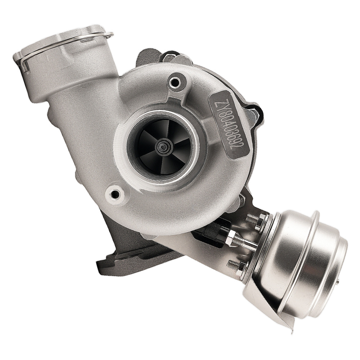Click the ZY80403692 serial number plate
pyautogui.click(x=229, y=125)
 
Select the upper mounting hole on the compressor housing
pyautogui.click(x=175, y=83)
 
